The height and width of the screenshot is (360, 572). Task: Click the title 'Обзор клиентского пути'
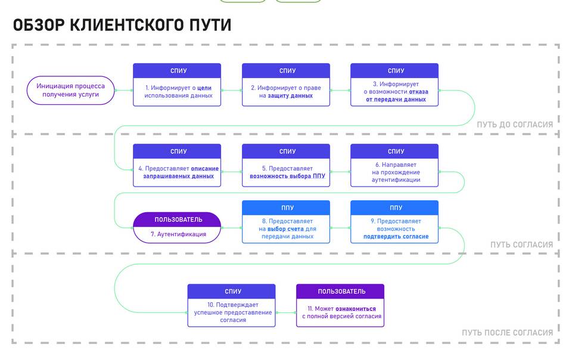(x=122, y=25)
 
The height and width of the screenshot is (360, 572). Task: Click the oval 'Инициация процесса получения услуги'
(x=71, y=90)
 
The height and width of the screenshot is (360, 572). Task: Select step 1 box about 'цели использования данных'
(x=177, y=92)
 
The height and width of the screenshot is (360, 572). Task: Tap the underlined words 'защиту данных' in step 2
(x=290, y=96)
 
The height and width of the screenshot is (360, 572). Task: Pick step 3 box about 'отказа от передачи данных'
(x=394, y=92)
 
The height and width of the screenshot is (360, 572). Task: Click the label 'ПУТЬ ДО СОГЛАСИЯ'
(x=514, y=125)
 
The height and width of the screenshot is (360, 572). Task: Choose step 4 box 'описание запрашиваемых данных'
(x=177, y=172)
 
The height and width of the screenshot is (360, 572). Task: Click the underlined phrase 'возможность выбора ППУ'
(x=287, y=176)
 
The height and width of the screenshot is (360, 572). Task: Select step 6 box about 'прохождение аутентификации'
(x=394, y=172)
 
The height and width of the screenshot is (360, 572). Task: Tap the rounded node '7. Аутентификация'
(x=177, y=234)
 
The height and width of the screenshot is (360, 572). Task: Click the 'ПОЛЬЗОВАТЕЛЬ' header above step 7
(x=177, y=220)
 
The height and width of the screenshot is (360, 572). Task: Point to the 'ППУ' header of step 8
(x=287, y=208)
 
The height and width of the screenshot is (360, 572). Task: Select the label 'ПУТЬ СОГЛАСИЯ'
(x=521, y=245)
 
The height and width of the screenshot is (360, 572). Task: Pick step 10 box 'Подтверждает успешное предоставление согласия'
(x=232, y=312)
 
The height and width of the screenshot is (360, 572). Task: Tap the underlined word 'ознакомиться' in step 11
(x=356, y=309)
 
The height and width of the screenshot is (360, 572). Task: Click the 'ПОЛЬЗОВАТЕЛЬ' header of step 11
(x=341, y=291)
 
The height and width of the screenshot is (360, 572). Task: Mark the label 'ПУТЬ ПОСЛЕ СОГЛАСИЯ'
(x=507, y=333)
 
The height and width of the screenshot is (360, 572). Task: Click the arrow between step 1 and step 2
(x=231, y=91)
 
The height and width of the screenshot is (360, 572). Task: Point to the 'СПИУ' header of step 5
(x=287, y=151)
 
